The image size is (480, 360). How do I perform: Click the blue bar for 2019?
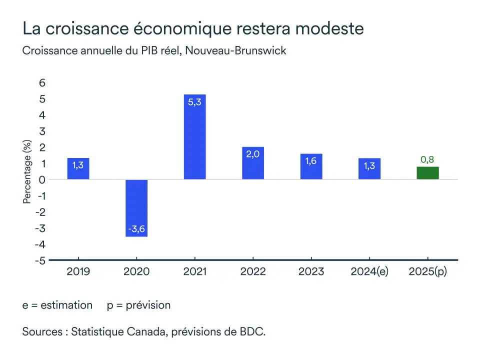tap(78, 169)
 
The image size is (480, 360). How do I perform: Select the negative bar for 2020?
tap(136, 207)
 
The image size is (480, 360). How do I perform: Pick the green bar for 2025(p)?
tap(427, 173)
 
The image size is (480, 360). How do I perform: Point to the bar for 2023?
tap(311, 166)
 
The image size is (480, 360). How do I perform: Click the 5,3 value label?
tap(194, 102)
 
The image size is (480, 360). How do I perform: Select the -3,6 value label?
tap(136, 229)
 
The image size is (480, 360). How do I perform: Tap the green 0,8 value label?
tap(427, 160)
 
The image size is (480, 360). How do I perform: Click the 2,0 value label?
tap(252, 154)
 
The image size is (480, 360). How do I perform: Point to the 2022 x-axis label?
tap(252, 272)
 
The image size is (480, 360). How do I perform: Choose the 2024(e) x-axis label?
tap(369, 272)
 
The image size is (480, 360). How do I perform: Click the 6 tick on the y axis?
tap(42, 83)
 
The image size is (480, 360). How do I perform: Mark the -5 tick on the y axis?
tap(40, 260)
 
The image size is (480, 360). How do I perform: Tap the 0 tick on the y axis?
tap(42, 180)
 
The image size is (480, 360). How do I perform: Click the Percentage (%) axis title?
tap(27, 172)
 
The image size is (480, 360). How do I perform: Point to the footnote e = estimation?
tap(57, 305)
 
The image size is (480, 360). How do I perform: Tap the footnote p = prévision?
tap(138, 305)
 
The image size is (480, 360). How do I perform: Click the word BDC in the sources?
tap(250, 331)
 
